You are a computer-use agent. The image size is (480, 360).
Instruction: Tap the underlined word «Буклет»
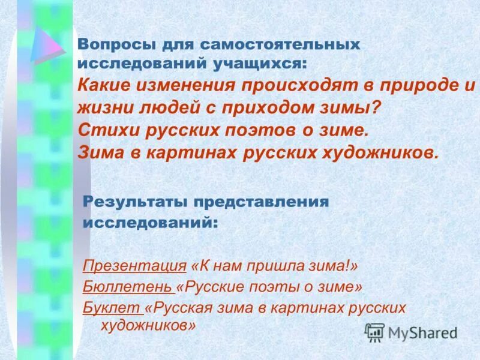tap(110, 308)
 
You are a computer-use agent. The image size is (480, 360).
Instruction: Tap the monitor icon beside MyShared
tap(375, 332)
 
